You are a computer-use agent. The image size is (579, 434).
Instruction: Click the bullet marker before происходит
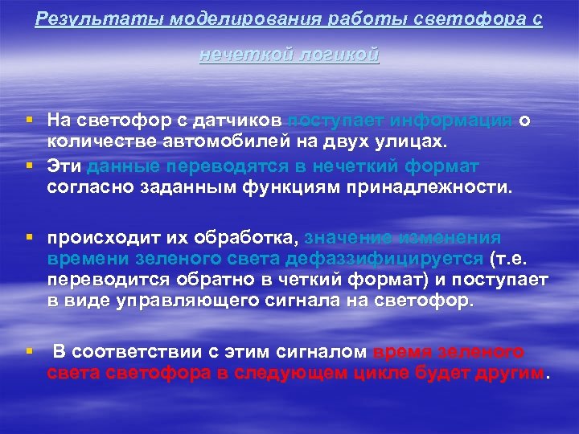29,238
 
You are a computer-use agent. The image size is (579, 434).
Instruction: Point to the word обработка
253,238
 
